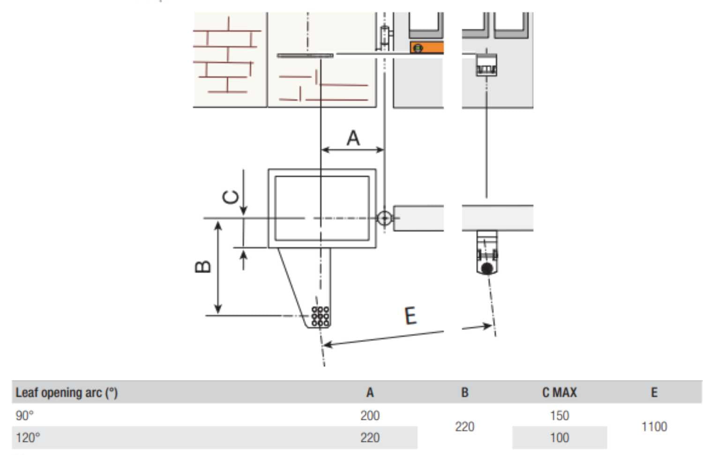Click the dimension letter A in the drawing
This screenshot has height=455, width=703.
(x=353, y=138)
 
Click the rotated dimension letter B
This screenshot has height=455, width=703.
(x=203, y=267)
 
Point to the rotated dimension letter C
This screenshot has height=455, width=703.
(x=231, y=197)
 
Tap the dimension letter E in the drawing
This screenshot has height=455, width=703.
(x=410, y=316)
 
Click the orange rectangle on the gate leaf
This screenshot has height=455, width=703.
(x=426, y=48)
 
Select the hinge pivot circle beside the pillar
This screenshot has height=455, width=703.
(x=384, y=218)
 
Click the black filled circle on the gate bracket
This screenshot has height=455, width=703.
(x=487, y=269)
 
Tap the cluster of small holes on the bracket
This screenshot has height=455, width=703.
(x=320, y=316)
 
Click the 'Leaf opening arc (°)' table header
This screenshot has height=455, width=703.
(x=67, y=392)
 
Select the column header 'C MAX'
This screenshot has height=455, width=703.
(x=559, y=392)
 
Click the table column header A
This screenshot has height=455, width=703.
(x=370, y=392)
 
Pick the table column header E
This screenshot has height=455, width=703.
(x=654, y=392)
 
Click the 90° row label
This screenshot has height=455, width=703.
(x=25, y=415)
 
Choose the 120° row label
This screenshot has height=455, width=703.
(x=28, y=438)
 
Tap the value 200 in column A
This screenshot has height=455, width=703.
(x=370, y=415)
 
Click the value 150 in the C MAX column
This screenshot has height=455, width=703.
(x=559, y=415)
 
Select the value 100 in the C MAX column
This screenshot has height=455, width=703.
(x=559, y=438)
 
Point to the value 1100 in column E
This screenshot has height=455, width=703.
(x=654, y=426)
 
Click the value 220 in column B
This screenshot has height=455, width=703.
(x=464, y=426)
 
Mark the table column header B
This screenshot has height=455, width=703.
(x=464, y=392)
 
